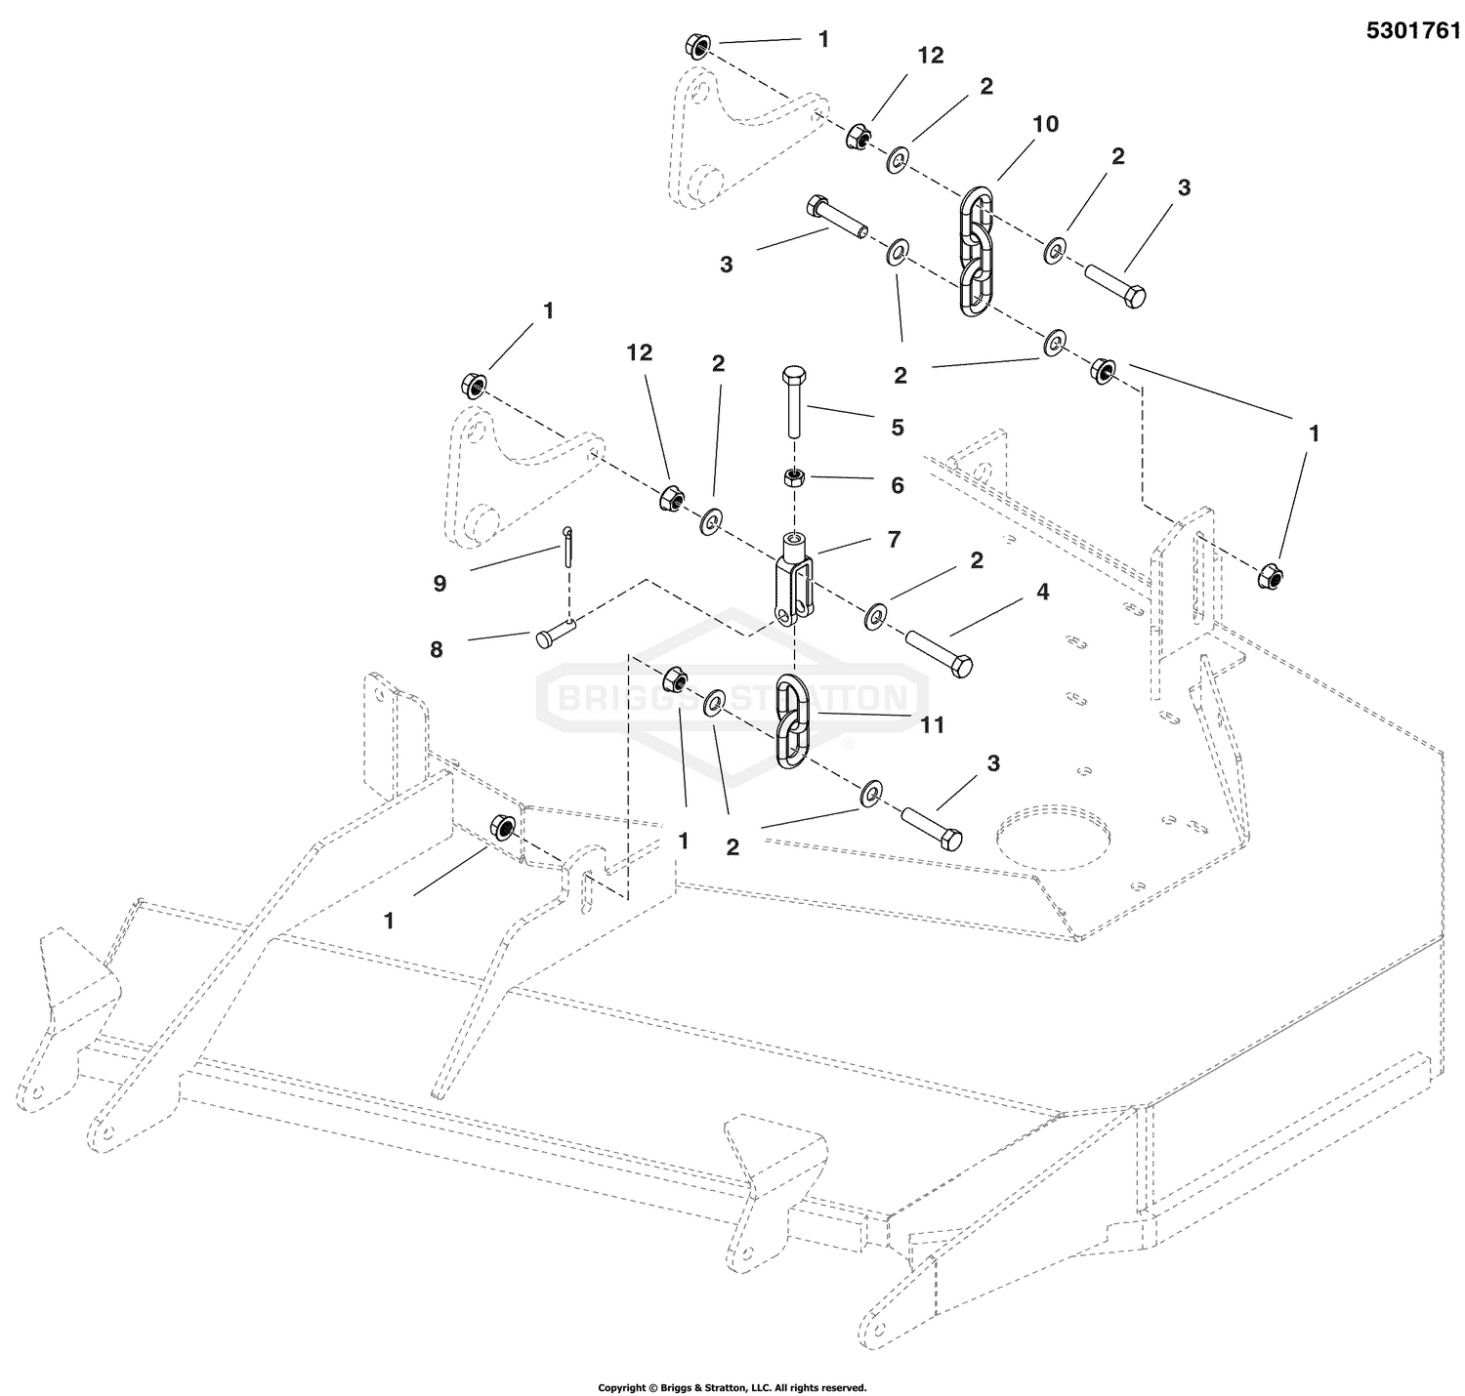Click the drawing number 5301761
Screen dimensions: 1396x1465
(x=1413, y=30)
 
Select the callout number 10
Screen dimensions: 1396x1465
(x=1046, y=125)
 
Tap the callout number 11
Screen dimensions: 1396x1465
(x=933, y=724)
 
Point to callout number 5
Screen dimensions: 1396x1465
(x=898, y=428)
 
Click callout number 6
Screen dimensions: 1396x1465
(x=898, y=485)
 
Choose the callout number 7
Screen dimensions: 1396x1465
(x=893, y=539)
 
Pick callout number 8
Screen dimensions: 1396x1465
(x=437, y=648)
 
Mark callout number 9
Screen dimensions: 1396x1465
(x=439, y=584)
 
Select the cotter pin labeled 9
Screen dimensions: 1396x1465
(x=568, y=548)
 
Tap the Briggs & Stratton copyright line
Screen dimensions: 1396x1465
(x=732, y=1387)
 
